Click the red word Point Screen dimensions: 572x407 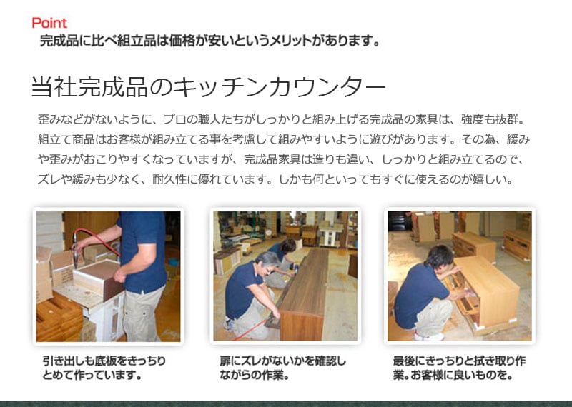click(x=49, y=23)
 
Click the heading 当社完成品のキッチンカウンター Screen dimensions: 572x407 click(x=208, y=86)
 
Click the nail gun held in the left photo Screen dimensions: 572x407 click(x=75, y=251)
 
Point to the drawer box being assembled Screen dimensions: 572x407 click(x=99, y=279)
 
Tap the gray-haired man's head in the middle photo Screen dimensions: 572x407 click(x=267, y=261)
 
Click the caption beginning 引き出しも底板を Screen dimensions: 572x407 click(x=104, y=368)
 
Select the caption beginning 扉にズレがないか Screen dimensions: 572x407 click(x=282, y=368)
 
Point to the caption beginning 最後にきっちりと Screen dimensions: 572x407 click(x=459, y=368)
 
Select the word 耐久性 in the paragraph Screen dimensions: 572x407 click(x=169, y=179)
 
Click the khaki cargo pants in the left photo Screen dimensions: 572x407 click(x=144, y=313)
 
